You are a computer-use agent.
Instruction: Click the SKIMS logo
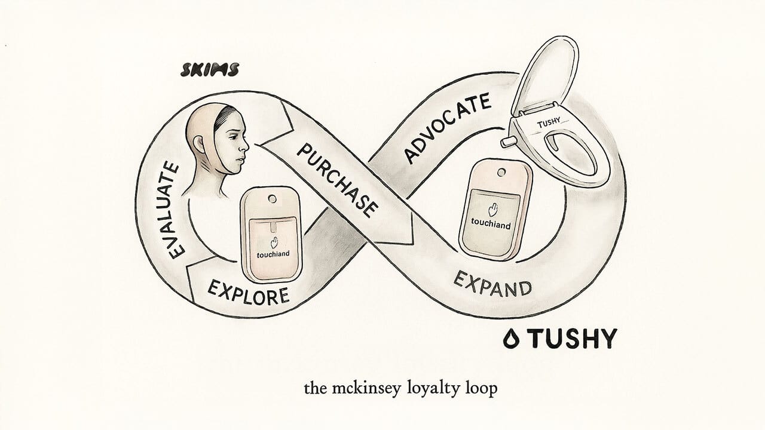point(210,70)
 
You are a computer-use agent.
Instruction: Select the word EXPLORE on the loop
point(248,292)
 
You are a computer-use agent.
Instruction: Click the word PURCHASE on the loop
point(338,180)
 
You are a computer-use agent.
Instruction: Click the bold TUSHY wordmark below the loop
point(574,339)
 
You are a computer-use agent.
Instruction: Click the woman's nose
point(245,148)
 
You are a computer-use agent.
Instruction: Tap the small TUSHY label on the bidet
point(549,123)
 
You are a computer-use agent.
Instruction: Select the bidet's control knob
point(508,142)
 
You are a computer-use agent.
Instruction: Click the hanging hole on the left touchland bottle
point(273,198)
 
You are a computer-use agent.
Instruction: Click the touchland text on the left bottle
point(273,254)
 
